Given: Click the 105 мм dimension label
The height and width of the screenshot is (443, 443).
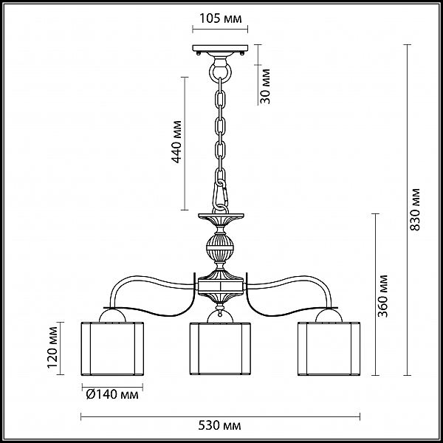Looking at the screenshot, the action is pos(221,18).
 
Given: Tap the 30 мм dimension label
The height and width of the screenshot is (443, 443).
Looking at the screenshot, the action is pos(265,86).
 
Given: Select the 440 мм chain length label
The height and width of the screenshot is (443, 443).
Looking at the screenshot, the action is pos(177,142).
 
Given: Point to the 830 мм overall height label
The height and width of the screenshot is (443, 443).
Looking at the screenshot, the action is pos(415,210).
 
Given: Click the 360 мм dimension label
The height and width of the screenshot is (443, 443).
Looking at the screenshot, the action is pos(382,296).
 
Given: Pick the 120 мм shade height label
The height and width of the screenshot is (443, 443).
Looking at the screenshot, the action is pos(52,348).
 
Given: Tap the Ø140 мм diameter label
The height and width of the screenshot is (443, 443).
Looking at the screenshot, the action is pos(112,394).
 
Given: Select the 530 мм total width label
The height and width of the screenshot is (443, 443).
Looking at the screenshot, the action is pos(219,425).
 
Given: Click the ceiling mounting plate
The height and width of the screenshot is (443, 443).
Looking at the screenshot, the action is pos(220,48).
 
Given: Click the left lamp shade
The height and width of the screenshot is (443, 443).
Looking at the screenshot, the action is pos(112,348).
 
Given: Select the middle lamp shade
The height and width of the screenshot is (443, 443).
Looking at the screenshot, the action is pos(220,348).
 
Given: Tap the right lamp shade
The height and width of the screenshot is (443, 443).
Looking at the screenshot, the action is pos(329,348).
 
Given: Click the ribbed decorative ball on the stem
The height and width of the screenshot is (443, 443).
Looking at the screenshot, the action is pos(220,247).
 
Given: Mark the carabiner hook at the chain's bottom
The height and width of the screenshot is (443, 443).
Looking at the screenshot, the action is pos(220,195).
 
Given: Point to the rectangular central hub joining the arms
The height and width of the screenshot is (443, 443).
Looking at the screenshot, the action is pos(221,286).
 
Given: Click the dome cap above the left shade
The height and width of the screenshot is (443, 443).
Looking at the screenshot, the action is pos(112,316).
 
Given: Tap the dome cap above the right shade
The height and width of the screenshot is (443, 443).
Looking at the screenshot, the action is pos(329,316).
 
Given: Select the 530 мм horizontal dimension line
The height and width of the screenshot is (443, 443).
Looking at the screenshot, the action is pos(220,416).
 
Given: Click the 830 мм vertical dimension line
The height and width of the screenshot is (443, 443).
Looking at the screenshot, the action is pos(407,210).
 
